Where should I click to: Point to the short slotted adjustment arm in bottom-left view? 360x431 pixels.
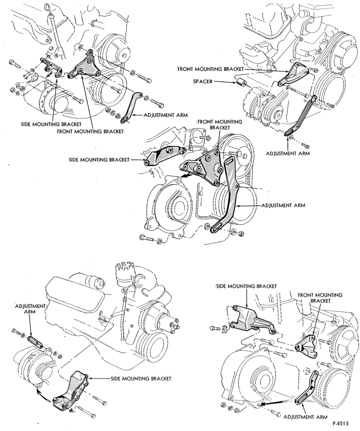(35, 342)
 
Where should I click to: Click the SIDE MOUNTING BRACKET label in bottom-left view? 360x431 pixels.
(141, 379)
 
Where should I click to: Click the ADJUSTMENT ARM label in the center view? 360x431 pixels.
(283, 205)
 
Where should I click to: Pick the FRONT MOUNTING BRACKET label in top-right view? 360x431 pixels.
(210, 69)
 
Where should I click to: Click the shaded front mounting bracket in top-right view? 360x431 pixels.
(293, 74)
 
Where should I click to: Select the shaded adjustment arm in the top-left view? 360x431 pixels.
(131, 107)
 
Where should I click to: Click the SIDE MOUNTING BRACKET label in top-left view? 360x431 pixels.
(51, 124)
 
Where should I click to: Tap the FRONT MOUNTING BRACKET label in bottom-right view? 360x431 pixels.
(320, 298)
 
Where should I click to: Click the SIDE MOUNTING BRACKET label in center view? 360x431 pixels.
(99, 159)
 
